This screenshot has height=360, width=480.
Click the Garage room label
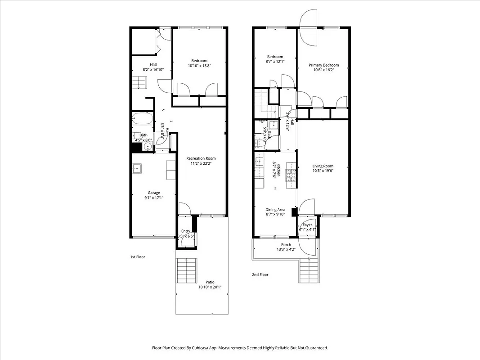click(153, 193)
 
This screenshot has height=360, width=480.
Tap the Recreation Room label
click(201, 158)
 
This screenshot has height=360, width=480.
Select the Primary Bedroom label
click(323, 65)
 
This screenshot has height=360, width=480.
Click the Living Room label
click(323, 166)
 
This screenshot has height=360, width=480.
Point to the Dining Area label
click(275, 209)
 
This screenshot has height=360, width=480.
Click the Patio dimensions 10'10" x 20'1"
click(210, 287)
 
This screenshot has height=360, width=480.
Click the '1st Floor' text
click(138, 257)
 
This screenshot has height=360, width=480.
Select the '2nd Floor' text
click(260, 274)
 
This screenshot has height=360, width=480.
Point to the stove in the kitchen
click(290, 172)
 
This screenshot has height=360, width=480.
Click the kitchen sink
click(260, 161)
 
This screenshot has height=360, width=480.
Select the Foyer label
click(307, 225)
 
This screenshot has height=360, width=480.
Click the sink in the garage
click(137, 168)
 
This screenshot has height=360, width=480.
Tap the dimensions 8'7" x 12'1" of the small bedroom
click(274, 61)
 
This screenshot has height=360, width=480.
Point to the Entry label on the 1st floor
click(185, 231)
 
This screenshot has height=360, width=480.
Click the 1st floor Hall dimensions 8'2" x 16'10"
click(153, 70)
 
